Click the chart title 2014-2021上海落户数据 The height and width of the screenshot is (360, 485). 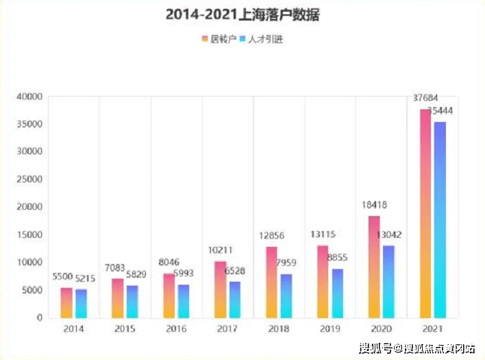(x=242, y=14)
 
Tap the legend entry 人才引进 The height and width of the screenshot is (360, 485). (x=260, y=39)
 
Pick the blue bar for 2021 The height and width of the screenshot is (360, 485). (x=440, y=219)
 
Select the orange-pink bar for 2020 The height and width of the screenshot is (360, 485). (x=374, y=267)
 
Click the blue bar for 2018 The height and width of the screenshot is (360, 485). (x=286, y=296)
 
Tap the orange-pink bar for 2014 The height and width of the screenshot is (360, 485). (x=66, y=302)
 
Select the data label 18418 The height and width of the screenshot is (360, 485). (x=375, y=205)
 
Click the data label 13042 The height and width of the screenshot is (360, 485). (x=389, y=235)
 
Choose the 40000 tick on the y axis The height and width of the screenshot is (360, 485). (x=29, y=97)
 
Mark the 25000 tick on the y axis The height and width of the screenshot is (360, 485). (x=29, y=180)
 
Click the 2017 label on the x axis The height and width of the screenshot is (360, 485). (x=227, y=329)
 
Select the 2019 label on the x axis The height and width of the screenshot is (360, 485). (x=329, y=329)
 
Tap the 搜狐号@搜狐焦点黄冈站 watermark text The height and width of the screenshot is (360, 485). (x=419, y=348)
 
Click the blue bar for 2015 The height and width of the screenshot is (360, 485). (x=132, y=301)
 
